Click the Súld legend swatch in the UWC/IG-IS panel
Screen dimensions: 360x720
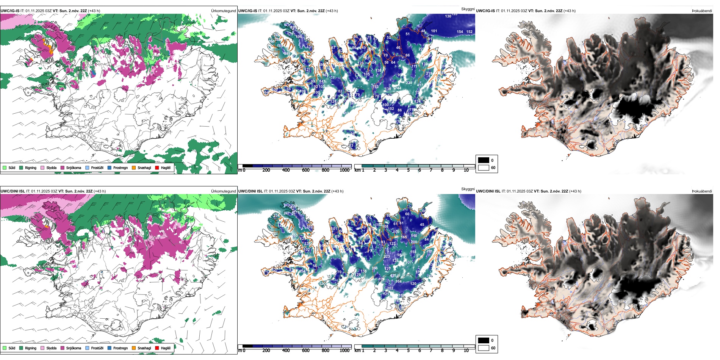pyautogui.click(x=5, y=167)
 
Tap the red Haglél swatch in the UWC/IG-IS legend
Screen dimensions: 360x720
pyautogui.click(x=157, y=167)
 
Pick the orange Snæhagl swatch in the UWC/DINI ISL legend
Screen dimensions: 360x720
pyautogui.click(x=134, y=348)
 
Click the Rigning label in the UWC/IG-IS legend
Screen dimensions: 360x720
pyautogui.click(x=31, y=167)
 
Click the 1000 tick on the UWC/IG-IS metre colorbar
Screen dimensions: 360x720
pyautogui.click(x=344, y=170)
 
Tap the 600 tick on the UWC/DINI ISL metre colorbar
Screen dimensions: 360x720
pyautogui.click(x=306, y=351)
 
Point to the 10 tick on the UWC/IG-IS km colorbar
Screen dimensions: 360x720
pyautogui.click(x=466, y=170)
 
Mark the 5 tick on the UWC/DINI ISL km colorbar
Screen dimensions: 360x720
pyautogui.click(x=408, y=351)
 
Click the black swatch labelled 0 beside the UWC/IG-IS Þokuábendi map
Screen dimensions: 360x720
pyautogui.click(x=484, y=160)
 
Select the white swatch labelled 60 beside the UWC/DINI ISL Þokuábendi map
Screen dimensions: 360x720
pyautogui.click(x=484, y=348)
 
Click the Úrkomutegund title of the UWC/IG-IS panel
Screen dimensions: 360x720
pyautogui.click(x=223, y=11)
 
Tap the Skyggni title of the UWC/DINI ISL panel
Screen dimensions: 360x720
pyautogui.click(x=468, y=189)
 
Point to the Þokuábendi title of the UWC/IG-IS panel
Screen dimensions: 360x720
pyautogui.click(x=702, y=11)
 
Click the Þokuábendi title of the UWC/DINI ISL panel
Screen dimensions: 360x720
pyautogui.click(x=702, y=191)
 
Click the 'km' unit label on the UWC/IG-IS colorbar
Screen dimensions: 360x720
pyautogui.click(x=357, y=170)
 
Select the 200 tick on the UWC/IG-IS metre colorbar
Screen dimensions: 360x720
pyautogui.click(x=266, y=170)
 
